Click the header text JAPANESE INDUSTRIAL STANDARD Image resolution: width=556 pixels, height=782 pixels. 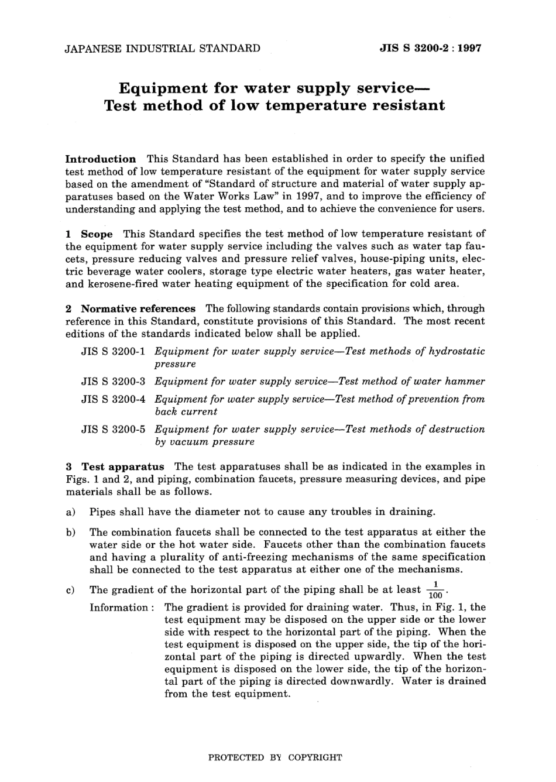pyautogui.click(x=163, y=49)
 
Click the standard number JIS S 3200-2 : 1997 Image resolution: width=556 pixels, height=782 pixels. pyautogui.click(x=430, y=49)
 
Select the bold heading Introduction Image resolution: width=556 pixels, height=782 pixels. pyautogui.click(x=101, y=159)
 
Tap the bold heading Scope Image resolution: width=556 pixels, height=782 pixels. pyautogui.click(x=97, y=234)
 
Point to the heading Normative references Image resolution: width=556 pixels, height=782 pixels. pyautogui.click(x=138, y=308)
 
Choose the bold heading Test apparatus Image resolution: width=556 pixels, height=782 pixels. pyautogui.click(x=123, y=467)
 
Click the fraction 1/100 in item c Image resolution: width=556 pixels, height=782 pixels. pyautogui.click(x=435, y=590)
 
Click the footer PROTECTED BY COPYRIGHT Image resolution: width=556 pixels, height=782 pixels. pyautogui.click(x=275, y=757)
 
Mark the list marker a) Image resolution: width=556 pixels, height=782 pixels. pyautogui.click(x=70, y=512)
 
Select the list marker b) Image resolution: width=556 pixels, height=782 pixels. pyautogui.click(x=70, y=532)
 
